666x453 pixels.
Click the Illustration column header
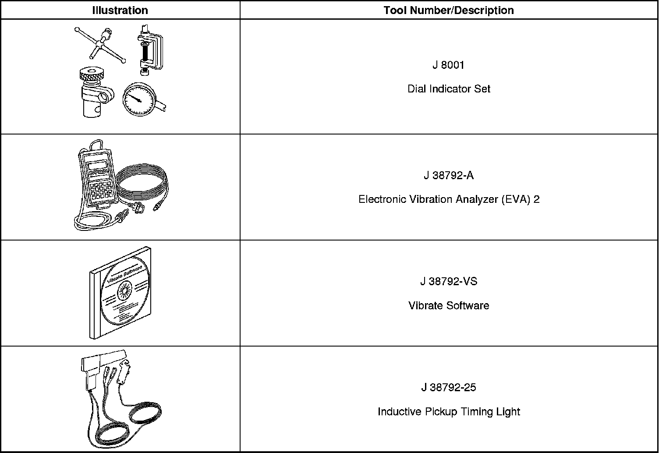[x=120, y=10]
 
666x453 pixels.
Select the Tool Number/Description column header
[x=449, y=10]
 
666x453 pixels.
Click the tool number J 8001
[x=448, y=65]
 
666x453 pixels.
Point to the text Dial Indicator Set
[x=449, y=89]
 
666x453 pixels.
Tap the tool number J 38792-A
[x=448, y=175]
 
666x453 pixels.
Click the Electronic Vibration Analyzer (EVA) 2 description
[x=449, y=199]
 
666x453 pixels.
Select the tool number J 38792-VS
[x=448, y=281]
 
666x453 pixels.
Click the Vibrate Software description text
[x=449, y=305]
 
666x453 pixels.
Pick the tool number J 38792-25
[x=448, y=387]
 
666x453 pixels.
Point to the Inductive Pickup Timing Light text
[x=449, y=412]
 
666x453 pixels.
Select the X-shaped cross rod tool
[x=100, y=44]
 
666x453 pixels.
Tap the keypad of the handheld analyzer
[x=102, y=191]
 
